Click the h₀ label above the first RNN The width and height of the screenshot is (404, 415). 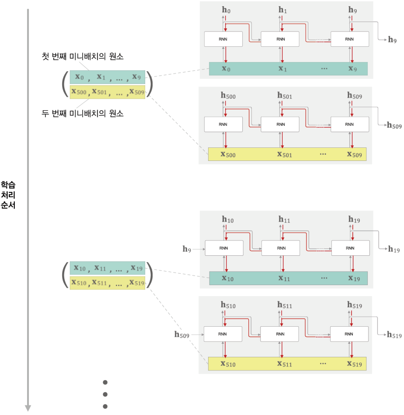(x=226, y=9)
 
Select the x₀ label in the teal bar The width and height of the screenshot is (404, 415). (x=226, y=69)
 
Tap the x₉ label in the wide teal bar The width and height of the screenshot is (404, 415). (x=352, y=69)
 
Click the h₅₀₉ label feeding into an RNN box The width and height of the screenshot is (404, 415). (x=182, y=335)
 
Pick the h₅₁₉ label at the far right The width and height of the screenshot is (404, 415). (x=394, y=335)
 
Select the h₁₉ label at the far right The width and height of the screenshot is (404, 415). (x=394, y=249)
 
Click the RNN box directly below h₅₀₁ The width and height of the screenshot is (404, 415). (x=280, y=125)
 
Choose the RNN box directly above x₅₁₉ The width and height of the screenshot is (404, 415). (x=349, y=335)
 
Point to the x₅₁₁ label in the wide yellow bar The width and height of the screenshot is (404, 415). (x=285, y=364)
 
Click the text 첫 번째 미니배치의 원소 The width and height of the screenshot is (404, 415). (x=82, y=57)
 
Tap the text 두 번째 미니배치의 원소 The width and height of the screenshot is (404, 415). (x=82, y=114)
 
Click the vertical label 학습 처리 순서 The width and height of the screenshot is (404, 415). (x=8, y=195)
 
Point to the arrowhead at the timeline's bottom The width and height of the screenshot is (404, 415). (x=28, y=408)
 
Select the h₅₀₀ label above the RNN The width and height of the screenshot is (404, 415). (x=228, y=95)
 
